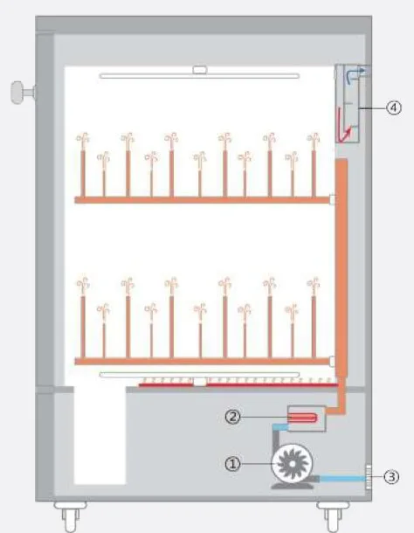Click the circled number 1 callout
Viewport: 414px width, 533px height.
[232, 464]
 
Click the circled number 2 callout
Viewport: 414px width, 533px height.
[232, 417]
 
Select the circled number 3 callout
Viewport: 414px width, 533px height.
[391, 476]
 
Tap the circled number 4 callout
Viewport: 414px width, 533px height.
[394, 107]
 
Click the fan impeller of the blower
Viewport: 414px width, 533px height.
[292, 464]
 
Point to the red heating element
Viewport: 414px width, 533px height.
[302, 418]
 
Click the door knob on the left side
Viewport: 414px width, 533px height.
[23, 92]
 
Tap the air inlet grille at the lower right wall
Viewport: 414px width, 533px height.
[369, 476]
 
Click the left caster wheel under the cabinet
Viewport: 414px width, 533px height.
[71, 516]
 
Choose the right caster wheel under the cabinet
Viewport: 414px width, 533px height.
[333, 516]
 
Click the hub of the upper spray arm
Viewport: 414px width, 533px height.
[200, 70]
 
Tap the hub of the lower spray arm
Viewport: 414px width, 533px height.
[200, 381]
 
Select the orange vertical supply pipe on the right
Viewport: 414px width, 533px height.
[342, 268]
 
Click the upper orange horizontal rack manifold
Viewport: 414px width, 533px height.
[203, 200]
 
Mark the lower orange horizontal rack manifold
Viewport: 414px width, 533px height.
[203, 361]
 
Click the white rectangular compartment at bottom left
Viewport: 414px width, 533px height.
[100, 435]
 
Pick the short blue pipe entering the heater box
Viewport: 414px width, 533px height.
[280, 427]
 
